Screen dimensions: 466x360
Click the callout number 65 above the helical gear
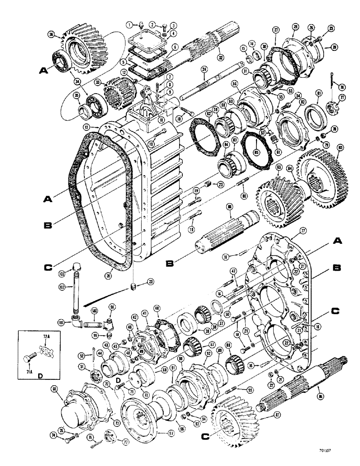tap(278, 166)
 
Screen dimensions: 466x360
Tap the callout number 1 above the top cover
tap(128, 24)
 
